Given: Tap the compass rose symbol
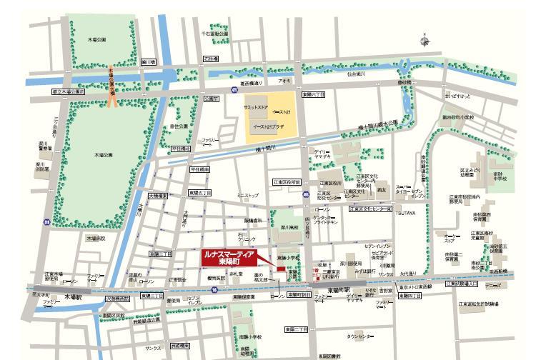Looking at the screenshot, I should (427, 40).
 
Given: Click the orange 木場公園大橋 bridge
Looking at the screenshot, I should (112, 86).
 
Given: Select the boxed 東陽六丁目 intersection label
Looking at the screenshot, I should (313, 94).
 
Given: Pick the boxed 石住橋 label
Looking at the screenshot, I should (210, 59).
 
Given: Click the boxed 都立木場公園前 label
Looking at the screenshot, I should (68, 91).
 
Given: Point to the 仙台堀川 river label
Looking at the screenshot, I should (351, 74).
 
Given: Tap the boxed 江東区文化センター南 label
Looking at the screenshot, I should (370, 209).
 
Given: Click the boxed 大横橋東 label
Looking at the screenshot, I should (159, 195).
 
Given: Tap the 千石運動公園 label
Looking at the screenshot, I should (214, 33).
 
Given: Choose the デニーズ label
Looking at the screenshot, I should (492, 286).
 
